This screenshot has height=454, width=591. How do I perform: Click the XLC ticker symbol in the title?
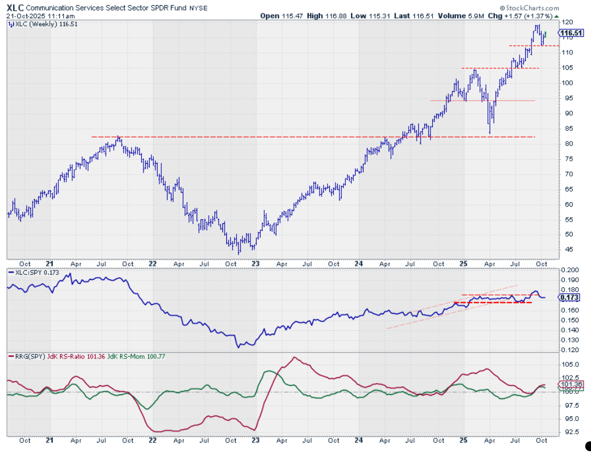[x=15, y=7]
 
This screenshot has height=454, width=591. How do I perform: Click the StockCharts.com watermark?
[x=528, y=8]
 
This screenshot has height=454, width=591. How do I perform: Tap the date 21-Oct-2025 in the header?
[x=24, y=16]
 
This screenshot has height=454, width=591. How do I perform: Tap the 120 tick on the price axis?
[x=568, y=22]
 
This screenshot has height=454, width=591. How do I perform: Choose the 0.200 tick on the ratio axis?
[x=570, y=270]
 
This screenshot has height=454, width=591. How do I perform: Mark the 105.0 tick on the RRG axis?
[x=570, y=364]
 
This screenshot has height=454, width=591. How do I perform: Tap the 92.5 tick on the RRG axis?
[x=569, y=432]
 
